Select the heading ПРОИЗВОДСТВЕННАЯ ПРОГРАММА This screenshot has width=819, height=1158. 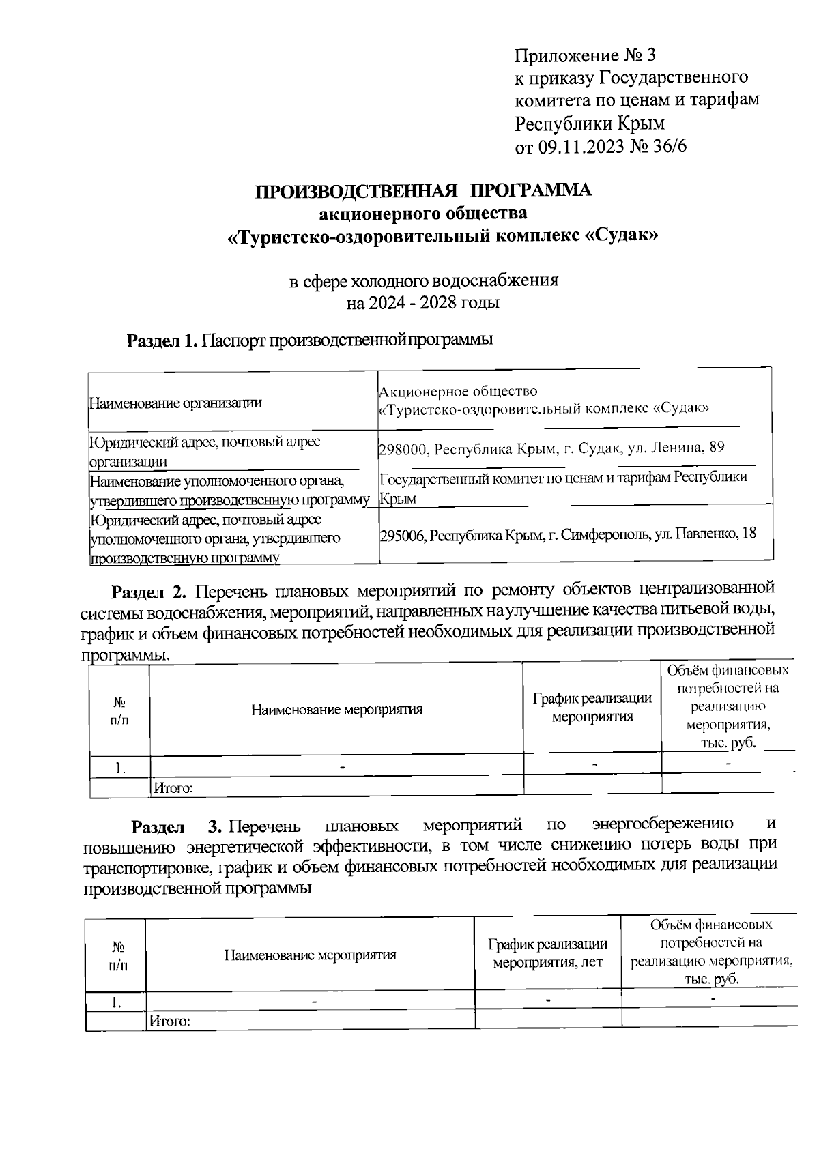point(423,190)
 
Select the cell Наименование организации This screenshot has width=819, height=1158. point(176,403)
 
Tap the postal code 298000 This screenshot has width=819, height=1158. point(403,449)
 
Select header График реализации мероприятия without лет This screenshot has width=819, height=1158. point(592,708)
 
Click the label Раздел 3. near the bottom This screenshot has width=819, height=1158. point(177,828)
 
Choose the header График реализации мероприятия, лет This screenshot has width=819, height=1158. point(547,954)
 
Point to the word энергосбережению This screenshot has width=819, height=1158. point(663,824)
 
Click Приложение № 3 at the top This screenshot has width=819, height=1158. point(585,54)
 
